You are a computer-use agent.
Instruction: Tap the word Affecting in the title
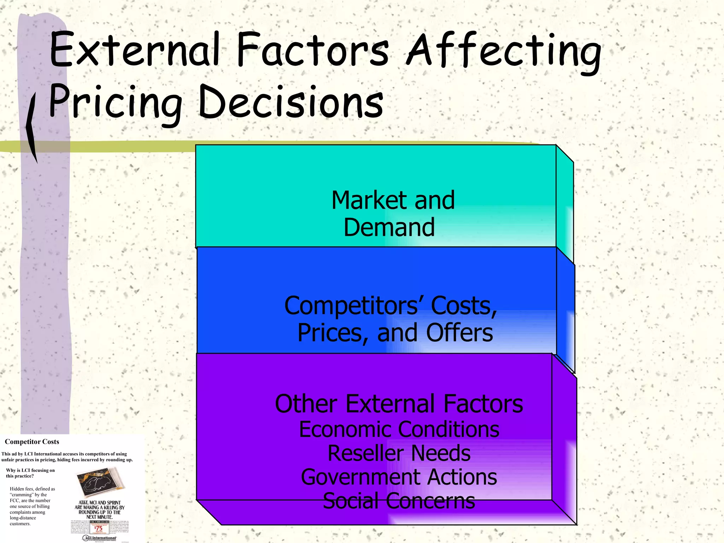coord(503,51)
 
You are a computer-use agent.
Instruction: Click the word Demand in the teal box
coord(389,227)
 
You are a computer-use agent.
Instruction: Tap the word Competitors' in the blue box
coord(352,305)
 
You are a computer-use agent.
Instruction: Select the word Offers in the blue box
coord(459,333)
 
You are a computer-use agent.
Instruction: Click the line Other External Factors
coord(399,404)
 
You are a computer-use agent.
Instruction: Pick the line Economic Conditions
coord(399,429)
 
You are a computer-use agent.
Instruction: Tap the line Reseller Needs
coord(399,453)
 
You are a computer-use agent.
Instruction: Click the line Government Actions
coord(399,477)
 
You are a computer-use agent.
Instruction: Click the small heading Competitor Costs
coord(32,442)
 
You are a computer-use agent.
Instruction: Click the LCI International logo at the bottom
coord(100,538)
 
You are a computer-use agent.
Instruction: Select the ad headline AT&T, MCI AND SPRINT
coord(99,503)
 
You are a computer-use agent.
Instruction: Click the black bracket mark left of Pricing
coord(32,127)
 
